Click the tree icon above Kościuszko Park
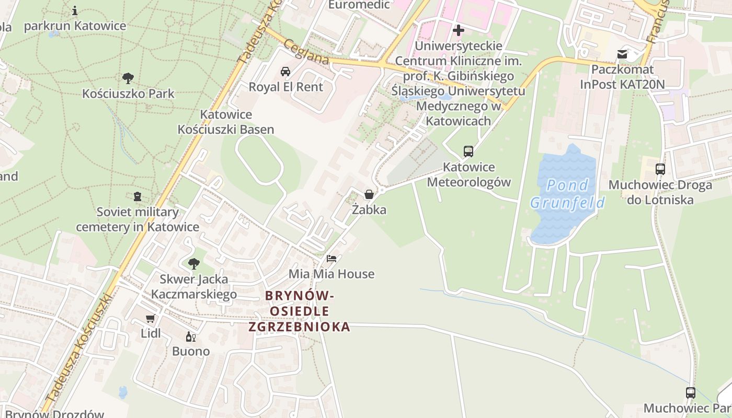click(x=128, y=78)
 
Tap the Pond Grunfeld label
click(x=567, y=194)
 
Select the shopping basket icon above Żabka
click(x=369, y=194)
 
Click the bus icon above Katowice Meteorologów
click(x=468, y=152)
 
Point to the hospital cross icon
click(x=459, y=30)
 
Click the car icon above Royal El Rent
click(x=285, y=72)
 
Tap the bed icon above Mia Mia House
click(x=331, y=259)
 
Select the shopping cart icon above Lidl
click(x=151, y=318)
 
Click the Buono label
click(x=191, y=351)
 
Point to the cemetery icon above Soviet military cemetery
click(x=138, y=196)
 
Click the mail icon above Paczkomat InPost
click(x=622, y=54)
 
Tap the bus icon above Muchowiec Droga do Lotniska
click(x=660, y=169)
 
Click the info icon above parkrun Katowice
click(x=75, y=10)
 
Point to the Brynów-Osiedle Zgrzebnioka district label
click(x=299, y=311)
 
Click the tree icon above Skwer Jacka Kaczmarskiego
click(x=194, y=264)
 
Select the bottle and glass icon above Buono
click(x=191, y=336)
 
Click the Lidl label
click(x=151, y=333)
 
